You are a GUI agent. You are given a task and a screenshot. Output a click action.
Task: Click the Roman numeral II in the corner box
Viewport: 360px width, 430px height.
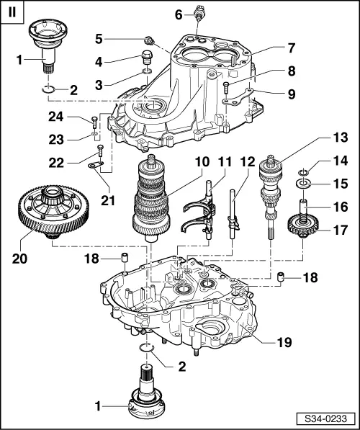click(x=12, y=12)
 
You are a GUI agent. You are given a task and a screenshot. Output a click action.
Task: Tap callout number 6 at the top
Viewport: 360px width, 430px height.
click(x=179, y=14)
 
